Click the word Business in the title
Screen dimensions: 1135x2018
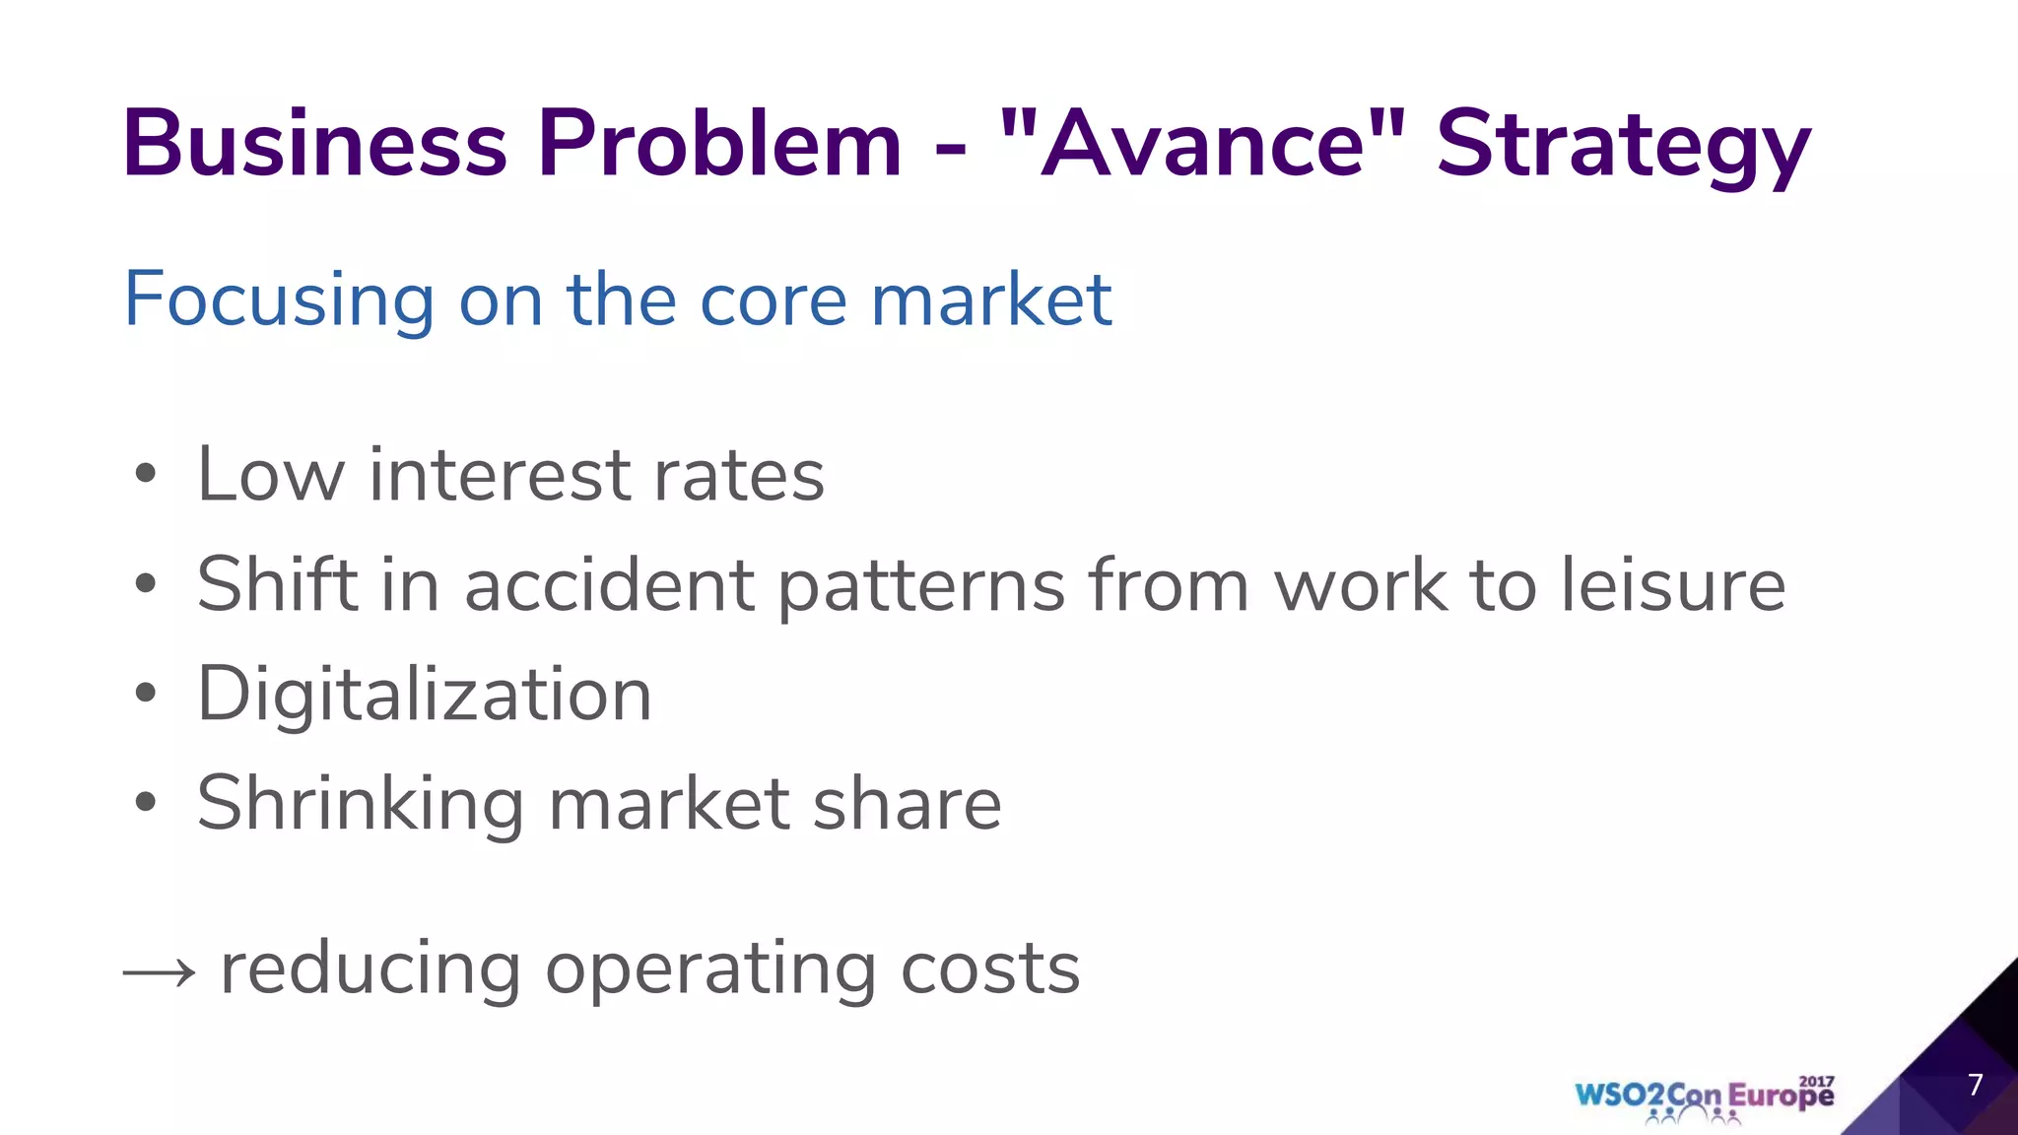(314, 145)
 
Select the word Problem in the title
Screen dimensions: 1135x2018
(719, 145)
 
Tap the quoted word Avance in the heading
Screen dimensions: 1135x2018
(1202, 145)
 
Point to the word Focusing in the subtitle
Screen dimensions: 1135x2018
(279, 300)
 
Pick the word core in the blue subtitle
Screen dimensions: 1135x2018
(773, 300)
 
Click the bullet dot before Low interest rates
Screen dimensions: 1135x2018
(146, 474)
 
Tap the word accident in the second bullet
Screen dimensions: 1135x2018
(609, 584)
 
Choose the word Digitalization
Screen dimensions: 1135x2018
(425, 695)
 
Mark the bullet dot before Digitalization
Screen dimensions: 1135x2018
(146, 694)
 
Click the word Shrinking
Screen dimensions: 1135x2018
(360, 804)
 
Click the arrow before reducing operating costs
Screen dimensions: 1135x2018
(159, 973)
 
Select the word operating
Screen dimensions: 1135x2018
(709, 969)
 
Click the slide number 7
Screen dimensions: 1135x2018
(1975, 1085)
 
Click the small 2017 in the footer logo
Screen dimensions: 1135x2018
(1816, 1081)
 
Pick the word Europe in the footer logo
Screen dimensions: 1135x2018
(1781, 1097)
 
